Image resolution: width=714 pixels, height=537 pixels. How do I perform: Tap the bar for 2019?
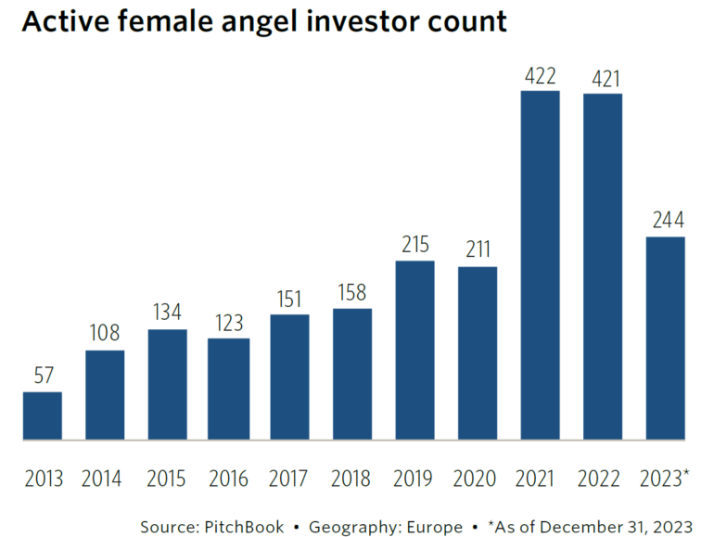tap(414, 350)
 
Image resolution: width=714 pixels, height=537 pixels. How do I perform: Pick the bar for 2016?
tap(228, 389)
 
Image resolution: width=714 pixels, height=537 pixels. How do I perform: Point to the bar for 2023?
tap(665, 338)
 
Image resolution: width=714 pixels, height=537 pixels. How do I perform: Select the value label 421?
tap(602, 78)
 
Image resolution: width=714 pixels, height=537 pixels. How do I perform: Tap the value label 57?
tap(43, 377)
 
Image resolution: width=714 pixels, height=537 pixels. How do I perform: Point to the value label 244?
tap(665, 221)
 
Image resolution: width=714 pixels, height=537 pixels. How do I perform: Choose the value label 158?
tap(352, 292)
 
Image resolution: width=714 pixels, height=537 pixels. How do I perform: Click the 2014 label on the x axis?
tap(105, 479)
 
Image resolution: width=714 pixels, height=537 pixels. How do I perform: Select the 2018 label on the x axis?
tap(352, 479)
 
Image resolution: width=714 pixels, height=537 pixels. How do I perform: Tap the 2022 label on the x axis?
tap(602, 479)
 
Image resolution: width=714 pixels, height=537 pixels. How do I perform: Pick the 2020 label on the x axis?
tap(478, 479)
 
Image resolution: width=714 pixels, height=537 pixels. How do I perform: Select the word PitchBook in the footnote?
tap(242, 527)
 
